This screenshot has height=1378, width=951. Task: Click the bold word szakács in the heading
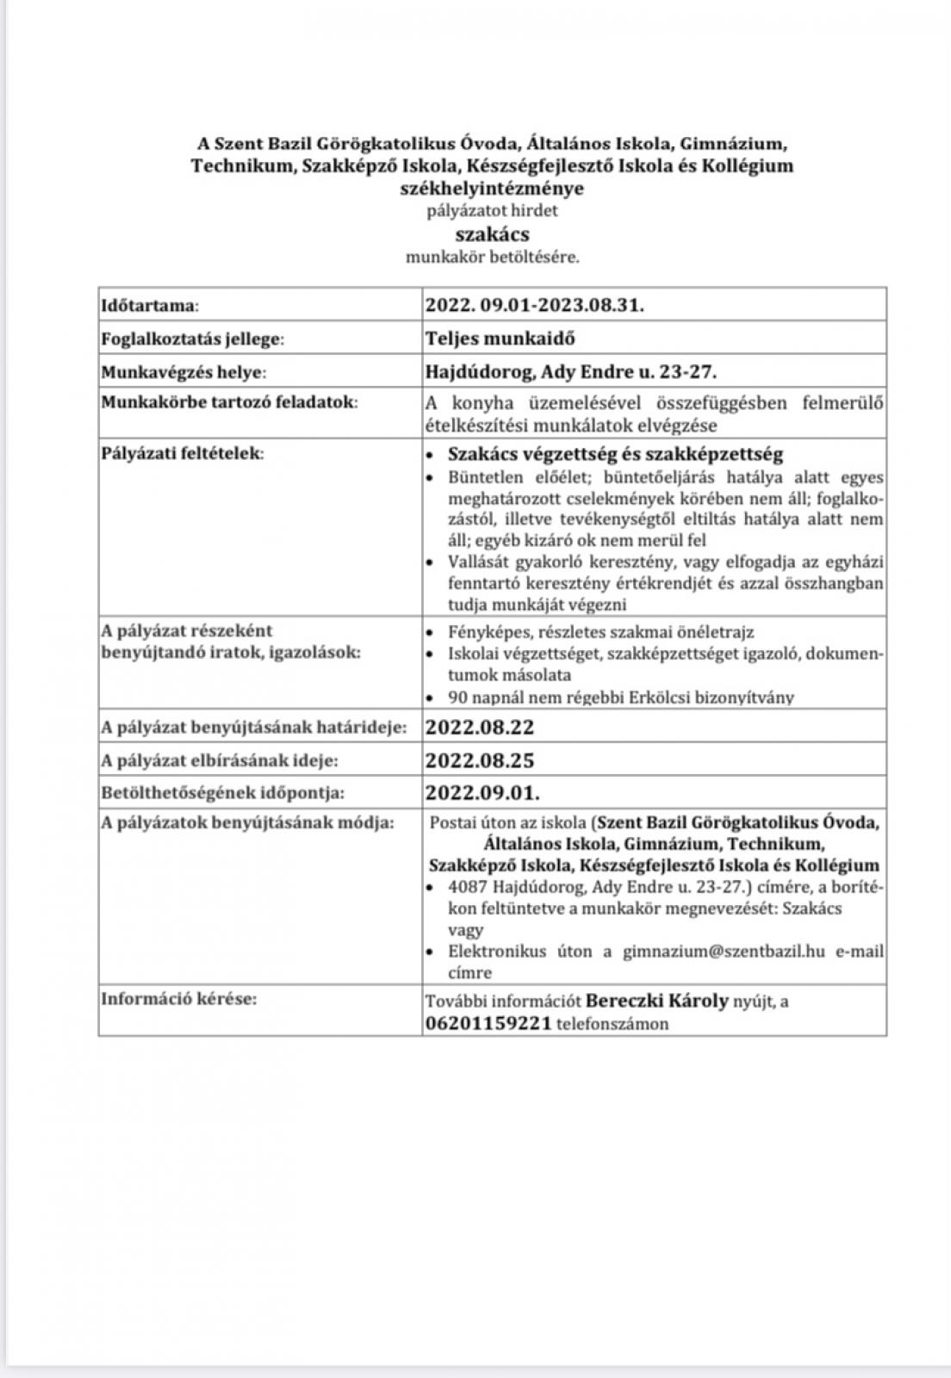(492, 234)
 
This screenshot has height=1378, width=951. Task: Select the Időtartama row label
(150, 305)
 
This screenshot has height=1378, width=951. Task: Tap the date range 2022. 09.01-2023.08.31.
(534, 304)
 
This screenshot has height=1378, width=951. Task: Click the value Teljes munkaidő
(500, 338)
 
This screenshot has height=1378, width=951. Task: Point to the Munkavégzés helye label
(183, 372)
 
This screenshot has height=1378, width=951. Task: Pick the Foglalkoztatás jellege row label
(192, 338)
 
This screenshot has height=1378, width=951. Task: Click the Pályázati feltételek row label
(183, 453)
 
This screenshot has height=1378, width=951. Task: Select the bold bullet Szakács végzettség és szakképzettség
(615, 454)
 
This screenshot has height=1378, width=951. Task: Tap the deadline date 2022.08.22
(480, 727)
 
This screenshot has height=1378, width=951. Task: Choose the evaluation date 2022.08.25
(480, 760)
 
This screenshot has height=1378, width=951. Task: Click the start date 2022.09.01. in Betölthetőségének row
(482, 792)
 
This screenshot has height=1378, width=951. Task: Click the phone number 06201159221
(488, 1024)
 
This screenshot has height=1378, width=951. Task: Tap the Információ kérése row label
(179, 999)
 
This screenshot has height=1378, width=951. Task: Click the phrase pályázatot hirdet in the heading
(492, 210)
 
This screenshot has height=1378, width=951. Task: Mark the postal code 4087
(466, 887)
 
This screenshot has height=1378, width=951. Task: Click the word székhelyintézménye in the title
(492, 188)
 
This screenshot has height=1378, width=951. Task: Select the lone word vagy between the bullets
(465, 930)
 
